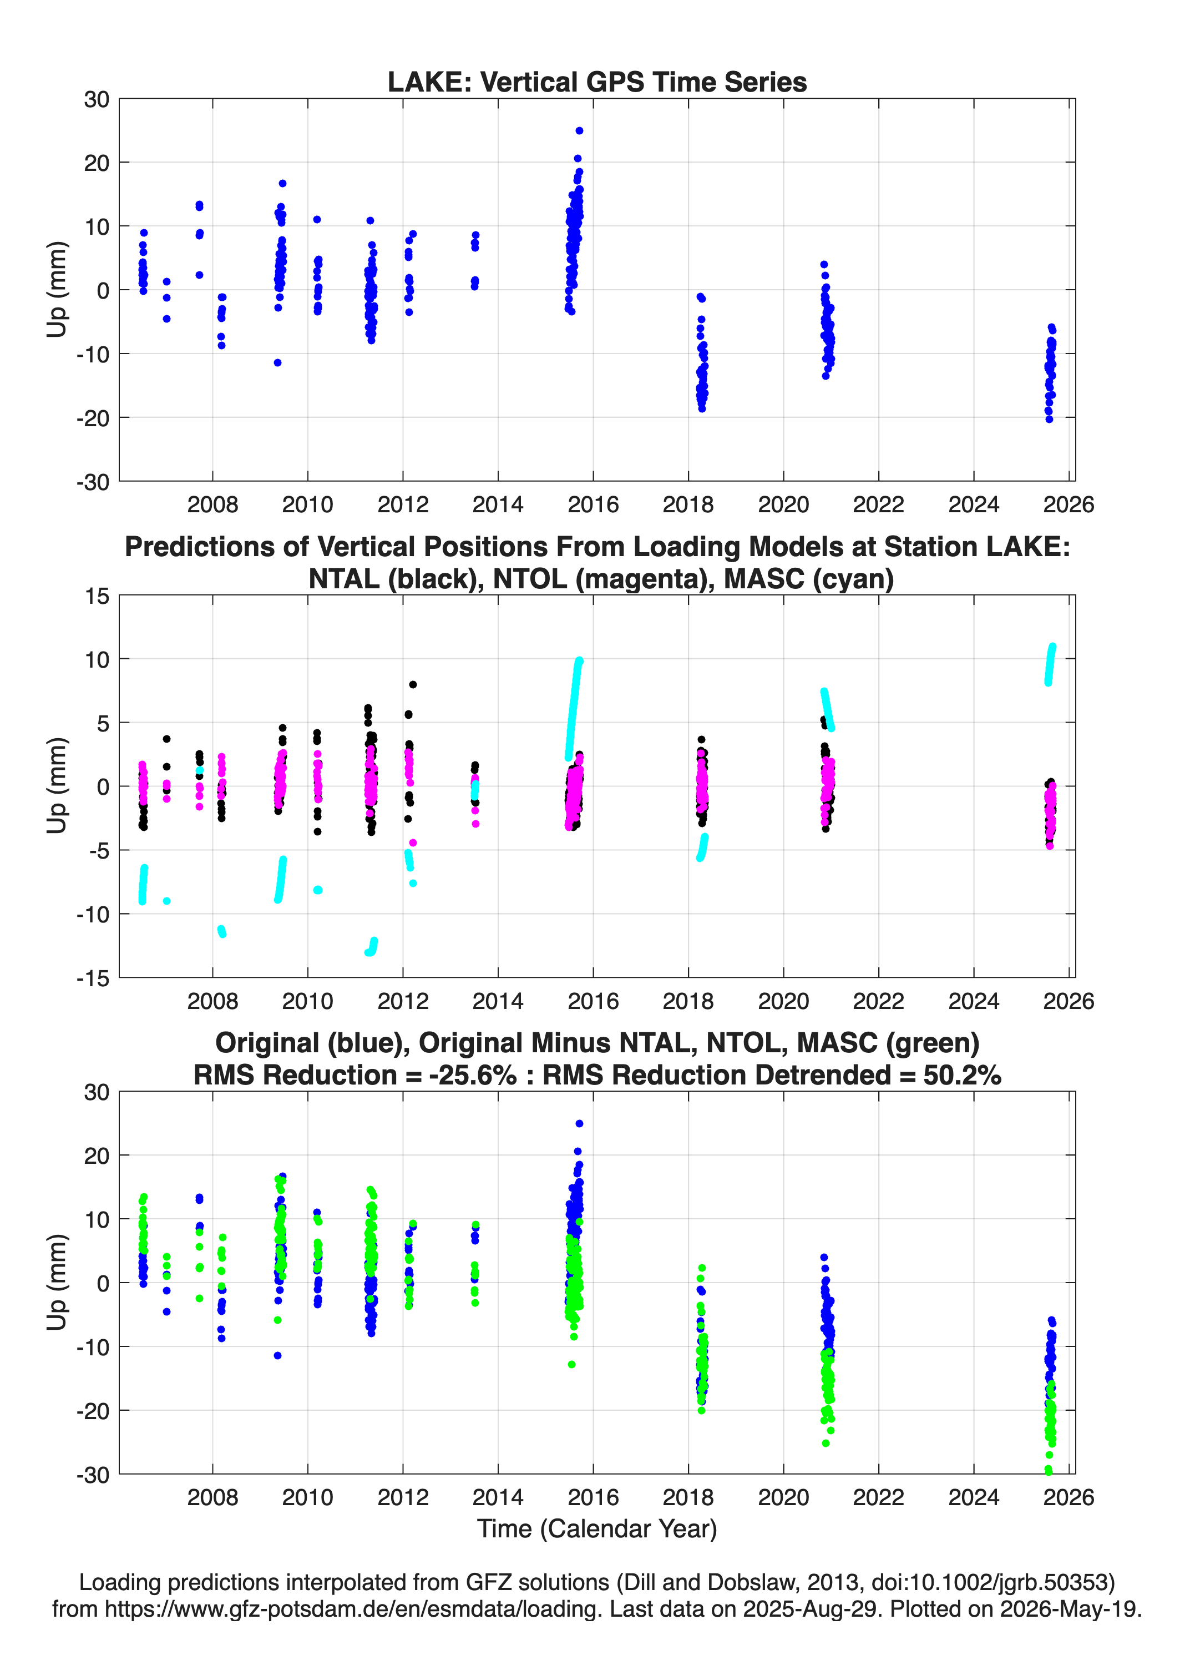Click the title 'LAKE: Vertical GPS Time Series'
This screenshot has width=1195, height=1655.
pyautogui.click(x=597, y=82)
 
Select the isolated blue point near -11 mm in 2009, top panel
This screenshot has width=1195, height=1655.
pyautogui.click(x=277, y=362)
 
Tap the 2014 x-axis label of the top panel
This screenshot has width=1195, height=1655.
pyautogui.click(x=498, y=504)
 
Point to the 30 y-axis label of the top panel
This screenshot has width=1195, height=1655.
pyautogui.click(x=97, y=99)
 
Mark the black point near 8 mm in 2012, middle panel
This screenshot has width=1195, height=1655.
pyautogui.click(x=413, y=684)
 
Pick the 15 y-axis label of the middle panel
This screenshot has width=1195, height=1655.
pyautogui.click(x=97, y=596)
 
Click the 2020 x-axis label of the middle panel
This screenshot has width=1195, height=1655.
pyautogui.click(x=783, y=1001)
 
